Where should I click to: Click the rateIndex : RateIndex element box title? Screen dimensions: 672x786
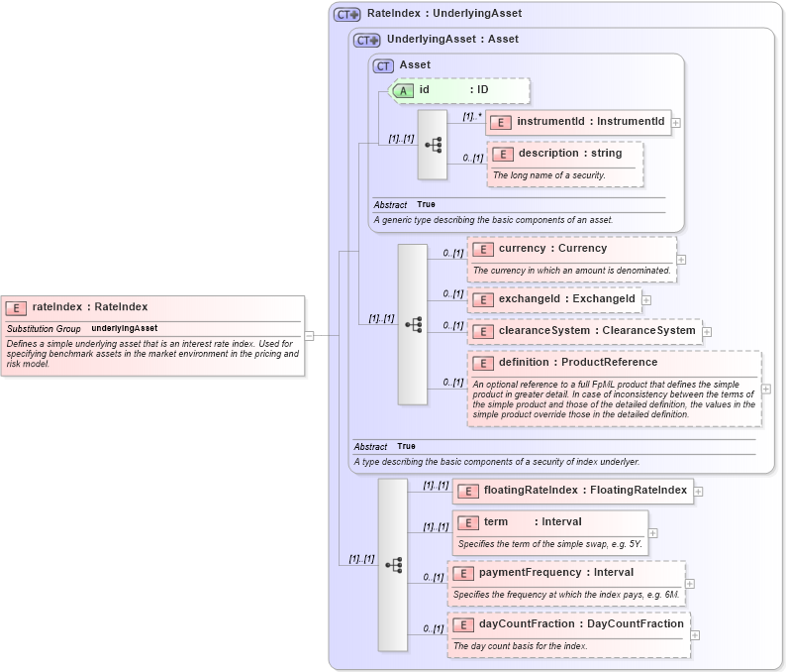tap(89, 307)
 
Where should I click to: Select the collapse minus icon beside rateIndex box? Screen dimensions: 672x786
tap(309, 335)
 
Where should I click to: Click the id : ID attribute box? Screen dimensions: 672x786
tap(460, 90)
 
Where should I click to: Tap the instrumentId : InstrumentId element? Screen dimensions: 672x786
tap(578, 122)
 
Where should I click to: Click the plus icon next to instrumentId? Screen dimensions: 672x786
tap(676, 123)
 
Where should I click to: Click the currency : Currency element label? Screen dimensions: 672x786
tap(552, 249)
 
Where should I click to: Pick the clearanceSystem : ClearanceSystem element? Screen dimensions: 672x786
tap(584, 330)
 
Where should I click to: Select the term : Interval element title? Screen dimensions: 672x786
tap(533, 521)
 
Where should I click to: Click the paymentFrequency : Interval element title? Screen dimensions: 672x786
tap(555, 572)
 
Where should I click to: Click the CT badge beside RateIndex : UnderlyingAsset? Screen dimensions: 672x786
tap(346, 14)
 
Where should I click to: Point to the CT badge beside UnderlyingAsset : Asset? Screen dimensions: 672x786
tap(366, 40)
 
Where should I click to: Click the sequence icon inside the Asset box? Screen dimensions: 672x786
tap(433, 145)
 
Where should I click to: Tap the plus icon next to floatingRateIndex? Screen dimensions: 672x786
tap(698, 491)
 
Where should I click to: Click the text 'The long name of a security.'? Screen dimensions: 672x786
tap(549, 175)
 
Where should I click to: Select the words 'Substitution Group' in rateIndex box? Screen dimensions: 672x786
tap(44, 328)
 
